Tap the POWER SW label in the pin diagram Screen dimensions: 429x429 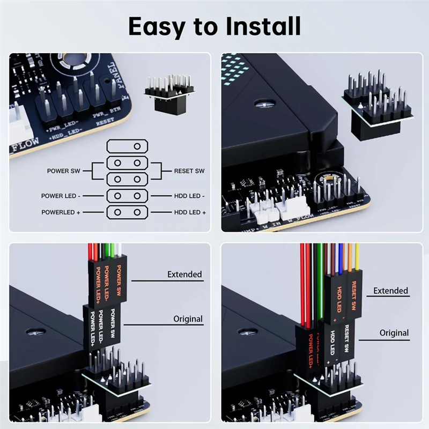tap(63, 171)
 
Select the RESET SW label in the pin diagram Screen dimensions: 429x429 tap(189, 171)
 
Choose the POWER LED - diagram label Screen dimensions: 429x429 tap(61, 196)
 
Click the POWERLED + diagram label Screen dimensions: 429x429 tap(61, 212)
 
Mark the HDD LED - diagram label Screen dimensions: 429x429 tap(189, 196)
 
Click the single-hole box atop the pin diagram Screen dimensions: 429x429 tap(127, 146)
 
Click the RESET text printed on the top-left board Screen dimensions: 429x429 tap(105, 123)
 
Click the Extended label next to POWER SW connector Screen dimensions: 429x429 tap(184, 275)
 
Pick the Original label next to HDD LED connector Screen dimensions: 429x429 tap(394, 333)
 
